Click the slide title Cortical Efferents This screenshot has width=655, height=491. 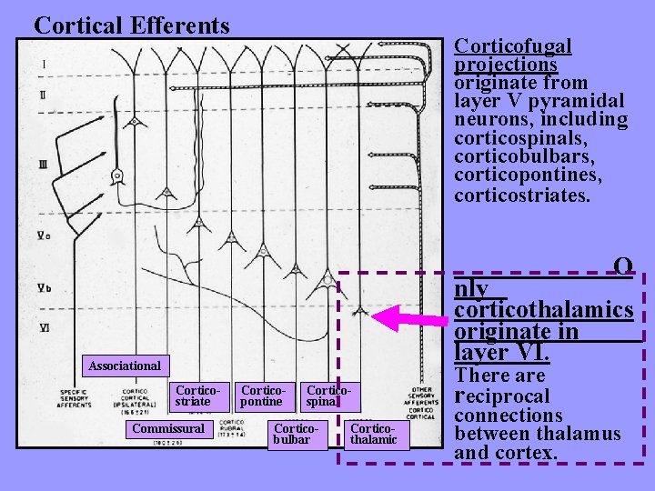pyautogui.click(x=132, y=25)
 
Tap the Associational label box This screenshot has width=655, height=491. pyautogui.click(x=125, y=366)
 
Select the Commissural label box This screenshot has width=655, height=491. pyautogui.click(x=168, y=428)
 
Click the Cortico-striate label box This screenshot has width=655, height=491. pyautogui.click(x=193, y=396)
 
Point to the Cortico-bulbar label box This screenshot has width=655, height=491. pyautogui.click(x=297, y=433)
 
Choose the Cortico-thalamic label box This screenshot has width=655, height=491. pyautogui.click(x=373, y=433)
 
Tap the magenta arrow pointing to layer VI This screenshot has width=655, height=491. pyautogui.click(x=409, y=318)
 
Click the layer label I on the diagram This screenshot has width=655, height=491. pyautogui.click(x=44, y=65)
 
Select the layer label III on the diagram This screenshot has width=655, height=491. pyautogui.click(x=44, y=164)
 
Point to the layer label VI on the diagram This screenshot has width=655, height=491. pyautogui.click(x=44, y=327)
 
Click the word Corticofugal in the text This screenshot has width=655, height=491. pyautogui.click(x=513, y=45)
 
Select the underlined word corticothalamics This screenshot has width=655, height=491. pyautogui.click(x=543, y=310)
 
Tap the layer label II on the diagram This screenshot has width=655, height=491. pyautogui.click(x=44, y=95)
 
